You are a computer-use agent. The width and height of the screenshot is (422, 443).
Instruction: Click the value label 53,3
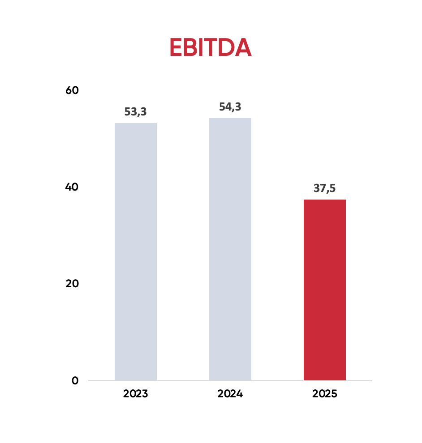pos(136,112)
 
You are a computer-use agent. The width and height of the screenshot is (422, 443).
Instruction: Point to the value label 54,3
pos(230,107)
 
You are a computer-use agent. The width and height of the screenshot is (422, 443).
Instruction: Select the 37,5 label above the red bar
pos(325,188)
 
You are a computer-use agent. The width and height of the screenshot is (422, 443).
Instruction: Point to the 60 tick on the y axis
pos(72,90)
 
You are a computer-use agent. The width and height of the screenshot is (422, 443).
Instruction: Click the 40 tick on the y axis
pos(72,187)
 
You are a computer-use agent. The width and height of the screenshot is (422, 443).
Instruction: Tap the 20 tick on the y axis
pos(72,284)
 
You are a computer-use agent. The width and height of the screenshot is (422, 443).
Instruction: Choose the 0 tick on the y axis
pos(75,381)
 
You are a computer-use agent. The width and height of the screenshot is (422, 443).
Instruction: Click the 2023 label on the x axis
pos(136,394)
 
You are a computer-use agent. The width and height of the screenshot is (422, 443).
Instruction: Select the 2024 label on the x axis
pos(230,394)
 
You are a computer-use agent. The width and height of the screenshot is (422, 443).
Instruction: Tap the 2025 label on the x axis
pos(325,394)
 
